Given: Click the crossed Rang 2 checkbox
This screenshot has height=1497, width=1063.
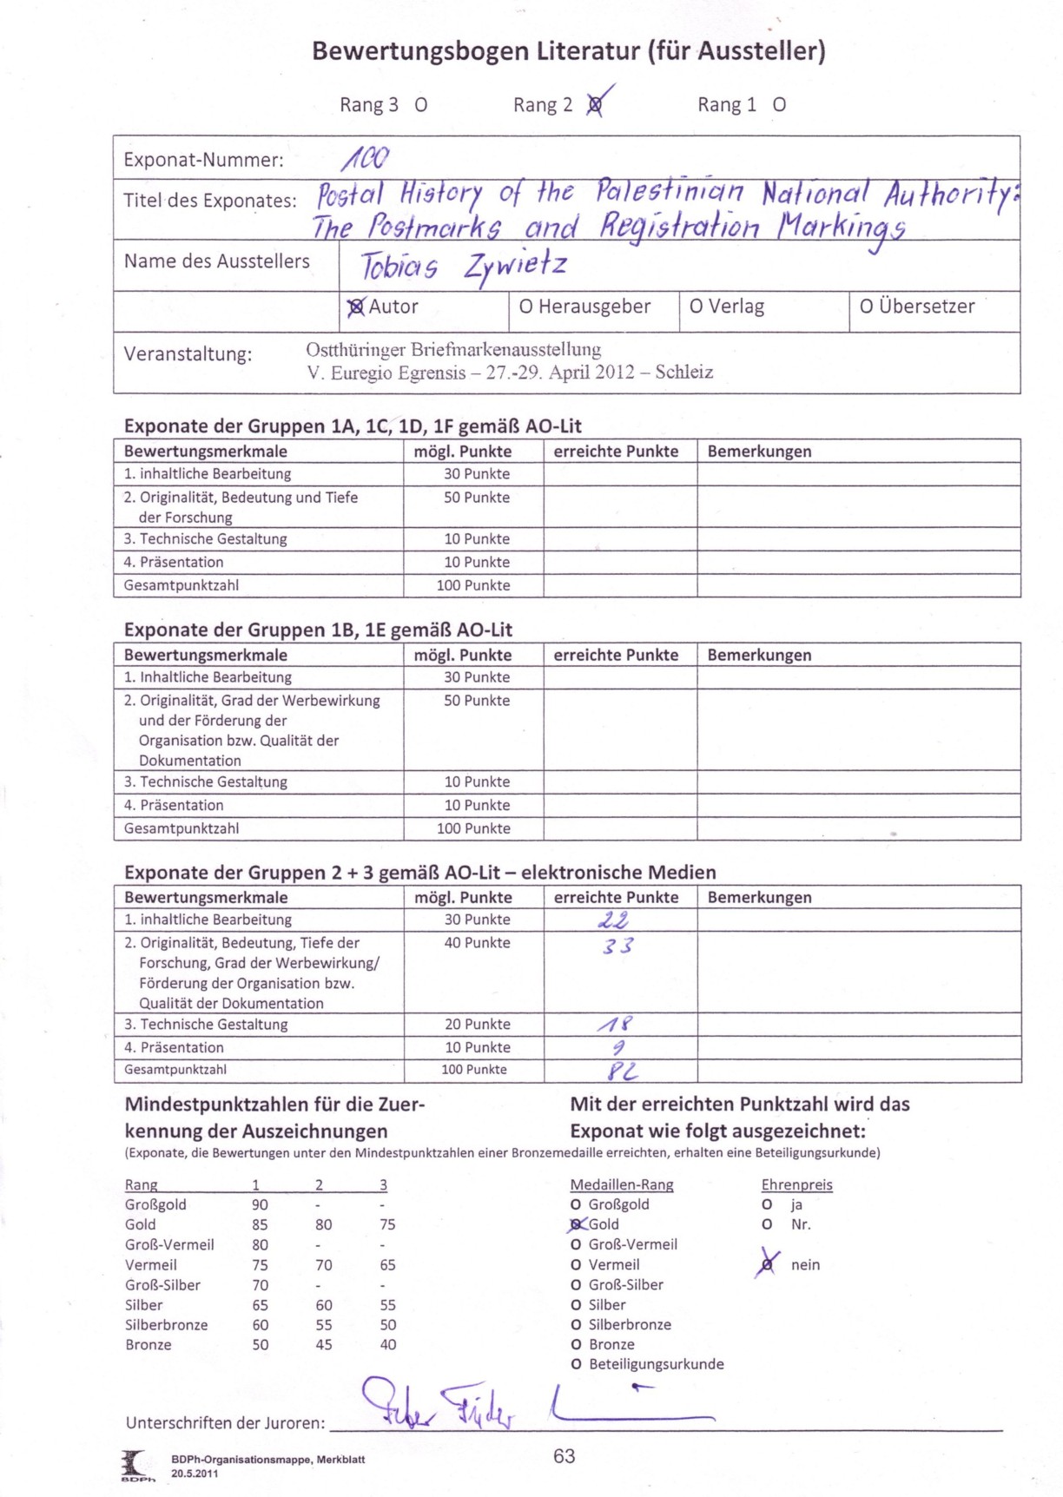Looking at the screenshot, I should [595, 105].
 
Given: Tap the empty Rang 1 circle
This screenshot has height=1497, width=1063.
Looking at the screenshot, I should [779, 105].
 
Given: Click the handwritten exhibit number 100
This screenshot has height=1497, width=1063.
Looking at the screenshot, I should [366, 158].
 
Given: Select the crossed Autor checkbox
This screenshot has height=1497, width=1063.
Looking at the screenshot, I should [355, 307].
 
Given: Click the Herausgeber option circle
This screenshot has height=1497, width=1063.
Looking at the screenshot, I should [525, 307].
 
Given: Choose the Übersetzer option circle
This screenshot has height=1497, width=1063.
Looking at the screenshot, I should [866, 307].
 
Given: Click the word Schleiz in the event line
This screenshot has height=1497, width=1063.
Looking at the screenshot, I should [684, 373].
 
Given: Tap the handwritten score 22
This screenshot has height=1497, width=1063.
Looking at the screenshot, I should [614, 920].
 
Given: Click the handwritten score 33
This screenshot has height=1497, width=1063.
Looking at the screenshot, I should [617, 946].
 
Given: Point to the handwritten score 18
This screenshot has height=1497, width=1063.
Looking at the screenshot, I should [615, 1025].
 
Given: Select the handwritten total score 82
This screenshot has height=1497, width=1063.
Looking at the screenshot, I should [622, 1071].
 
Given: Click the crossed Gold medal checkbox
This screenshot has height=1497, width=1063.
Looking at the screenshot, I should [576, 1224].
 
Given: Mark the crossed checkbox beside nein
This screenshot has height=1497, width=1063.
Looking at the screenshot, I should [767, 1264].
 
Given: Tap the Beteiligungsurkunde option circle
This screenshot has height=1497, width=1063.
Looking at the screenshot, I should [576, 1364].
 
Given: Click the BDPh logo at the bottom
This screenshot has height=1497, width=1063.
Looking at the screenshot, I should [136, 1465].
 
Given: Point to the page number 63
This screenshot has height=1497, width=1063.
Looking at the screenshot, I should [564, 1456].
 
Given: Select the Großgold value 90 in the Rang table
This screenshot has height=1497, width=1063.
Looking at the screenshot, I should [260, 1204].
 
